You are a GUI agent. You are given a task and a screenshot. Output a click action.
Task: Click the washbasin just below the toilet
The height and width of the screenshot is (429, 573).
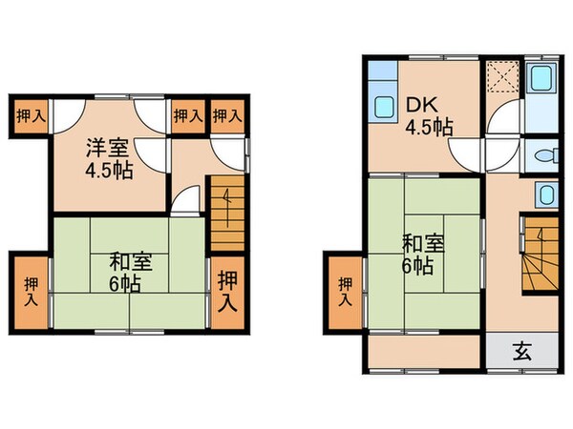[543, 195]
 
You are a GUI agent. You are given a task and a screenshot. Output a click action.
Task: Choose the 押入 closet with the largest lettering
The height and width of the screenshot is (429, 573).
[226, 292]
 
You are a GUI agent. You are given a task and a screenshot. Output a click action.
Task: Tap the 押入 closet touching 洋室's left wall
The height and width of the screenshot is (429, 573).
[31, 117]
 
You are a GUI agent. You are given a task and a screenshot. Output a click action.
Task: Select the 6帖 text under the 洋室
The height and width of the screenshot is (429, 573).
[127, 283]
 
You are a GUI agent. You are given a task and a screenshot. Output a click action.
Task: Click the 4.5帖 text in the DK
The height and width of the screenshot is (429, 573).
[431, 127]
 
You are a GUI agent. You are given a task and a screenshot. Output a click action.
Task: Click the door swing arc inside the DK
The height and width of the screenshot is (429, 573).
[468, 153]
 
